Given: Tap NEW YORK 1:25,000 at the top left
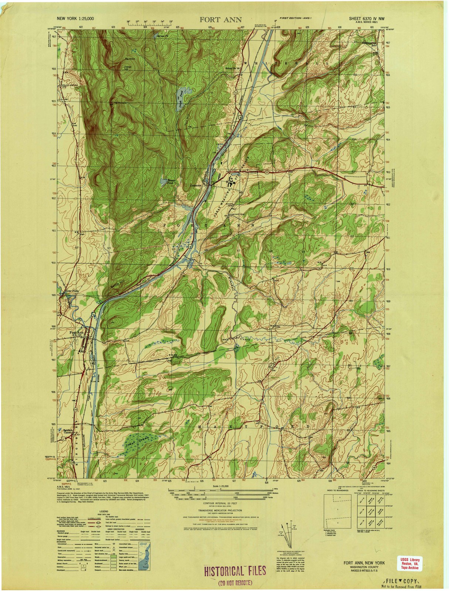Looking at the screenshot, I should (x=75, y=18).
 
